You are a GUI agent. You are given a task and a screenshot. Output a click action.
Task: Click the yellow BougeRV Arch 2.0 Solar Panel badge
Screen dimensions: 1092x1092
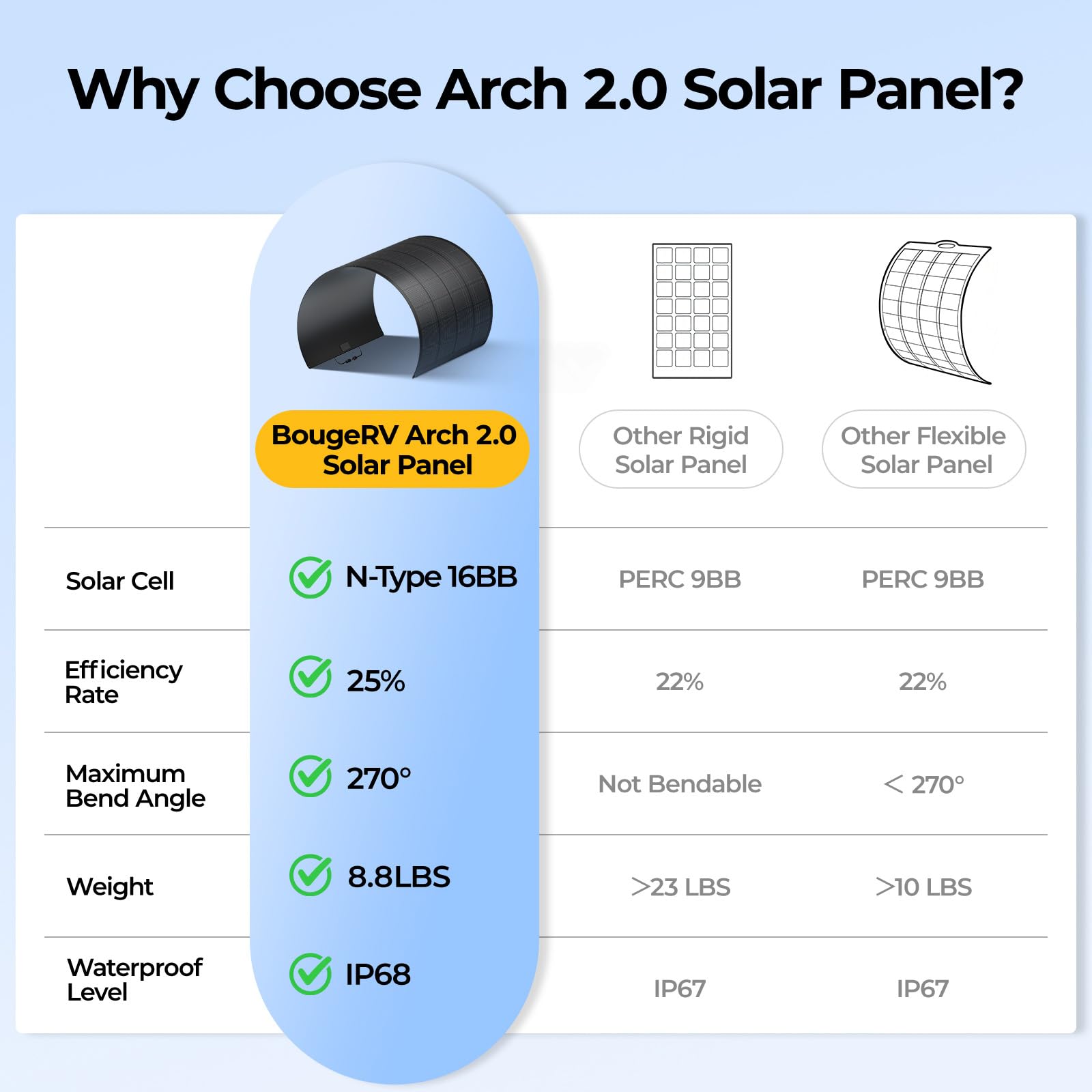coord(392,449)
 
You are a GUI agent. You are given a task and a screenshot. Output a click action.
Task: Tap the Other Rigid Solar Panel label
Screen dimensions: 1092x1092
coord(681,449)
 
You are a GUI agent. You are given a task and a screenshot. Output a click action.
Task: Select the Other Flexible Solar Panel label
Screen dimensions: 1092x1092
coord(924,449)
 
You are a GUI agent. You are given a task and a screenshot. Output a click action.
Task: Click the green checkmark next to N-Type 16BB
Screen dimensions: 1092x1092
coord(311,577)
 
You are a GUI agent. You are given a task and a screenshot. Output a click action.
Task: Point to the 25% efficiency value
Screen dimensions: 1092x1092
coord(375,681)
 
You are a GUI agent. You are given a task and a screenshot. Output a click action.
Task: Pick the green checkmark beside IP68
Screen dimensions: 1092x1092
coord(311,974)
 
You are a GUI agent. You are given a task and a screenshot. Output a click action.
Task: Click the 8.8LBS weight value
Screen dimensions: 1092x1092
coord(399,877)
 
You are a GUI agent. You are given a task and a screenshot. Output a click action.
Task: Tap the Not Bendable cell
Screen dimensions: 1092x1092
coord(680,784)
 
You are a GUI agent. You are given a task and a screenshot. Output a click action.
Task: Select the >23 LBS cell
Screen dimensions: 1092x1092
coord(680,887)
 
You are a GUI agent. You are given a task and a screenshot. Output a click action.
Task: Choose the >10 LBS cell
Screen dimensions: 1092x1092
coord(923,887)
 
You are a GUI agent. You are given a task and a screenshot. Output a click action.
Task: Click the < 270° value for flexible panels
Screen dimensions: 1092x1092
coord(923,784)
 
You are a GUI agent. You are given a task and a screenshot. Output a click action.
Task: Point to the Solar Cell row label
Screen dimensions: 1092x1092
coord(120,581)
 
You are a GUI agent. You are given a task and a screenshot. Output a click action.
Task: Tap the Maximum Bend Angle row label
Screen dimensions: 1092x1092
coord(135,786)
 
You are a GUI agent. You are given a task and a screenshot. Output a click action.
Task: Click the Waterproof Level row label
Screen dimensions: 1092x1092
coord(134,979)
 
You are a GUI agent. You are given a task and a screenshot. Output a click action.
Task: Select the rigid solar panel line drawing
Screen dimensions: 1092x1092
coord(692,311)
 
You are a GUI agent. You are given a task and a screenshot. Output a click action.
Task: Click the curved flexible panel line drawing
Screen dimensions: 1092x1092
coord(935,311)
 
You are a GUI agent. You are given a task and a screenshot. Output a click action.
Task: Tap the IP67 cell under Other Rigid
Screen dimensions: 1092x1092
coord(680,989)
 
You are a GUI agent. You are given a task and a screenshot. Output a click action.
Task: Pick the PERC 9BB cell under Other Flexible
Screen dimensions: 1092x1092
coord(923,579)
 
